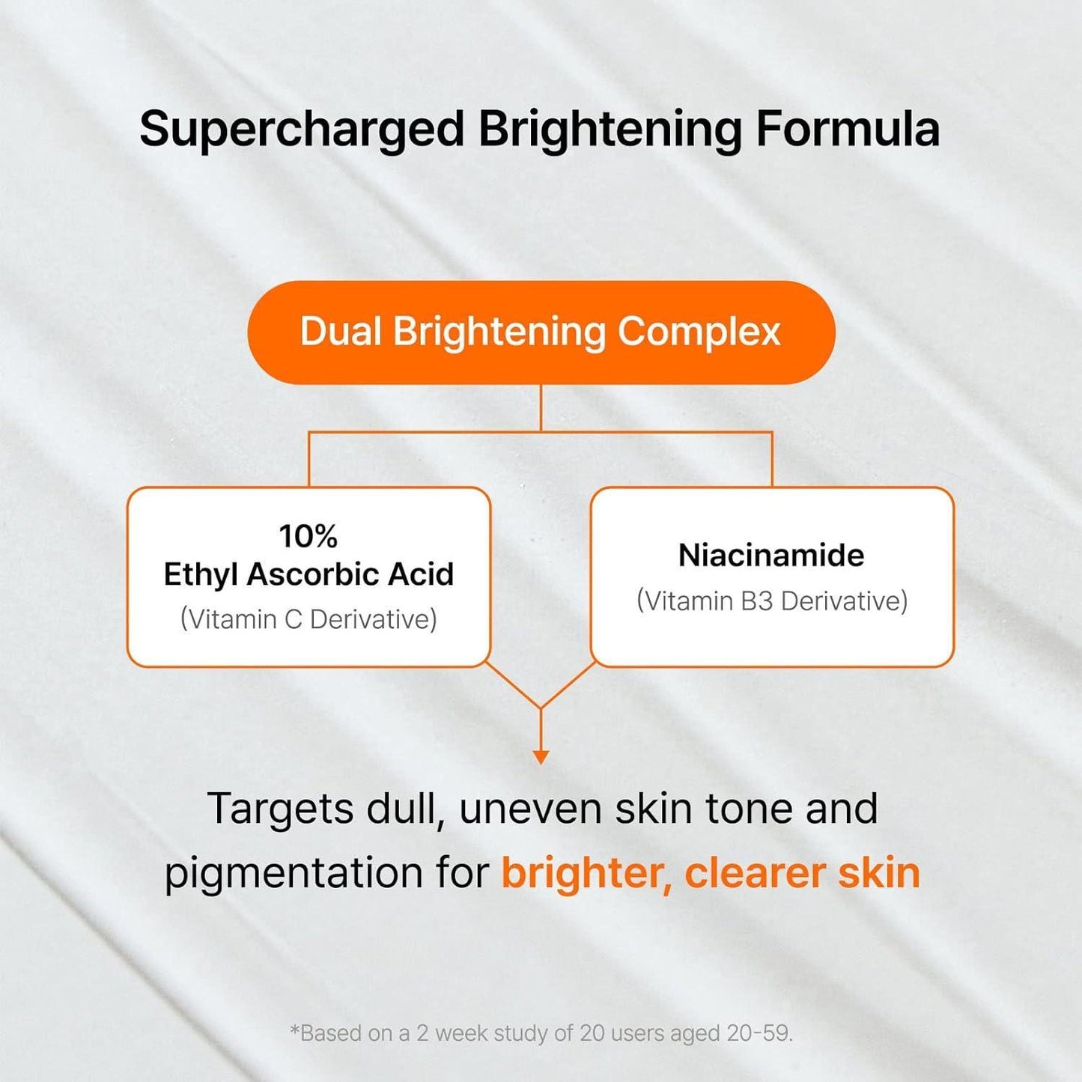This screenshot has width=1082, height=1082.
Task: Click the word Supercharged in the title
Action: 302,130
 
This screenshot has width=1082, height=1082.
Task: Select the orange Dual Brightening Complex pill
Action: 541,332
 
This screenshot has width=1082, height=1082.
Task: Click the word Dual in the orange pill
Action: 341,331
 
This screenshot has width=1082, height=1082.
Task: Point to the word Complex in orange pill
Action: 699,332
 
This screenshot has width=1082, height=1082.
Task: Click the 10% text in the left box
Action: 308,536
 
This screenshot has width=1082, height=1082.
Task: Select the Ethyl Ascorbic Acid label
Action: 309,574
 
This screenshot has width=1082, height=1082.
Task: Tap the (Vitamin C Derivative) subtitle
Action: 309,619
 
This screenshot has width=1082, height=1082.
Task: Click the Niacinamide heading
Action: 771,555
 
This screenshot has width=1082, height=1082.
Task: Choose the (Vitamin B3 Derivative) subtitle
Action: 772,601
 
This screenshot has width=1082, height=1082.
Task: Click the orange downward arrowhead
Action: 541,757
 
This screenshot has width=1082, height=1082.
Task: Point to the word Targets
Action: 280,809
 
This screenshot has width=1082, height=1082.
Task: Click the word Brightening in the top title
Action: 610,130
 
